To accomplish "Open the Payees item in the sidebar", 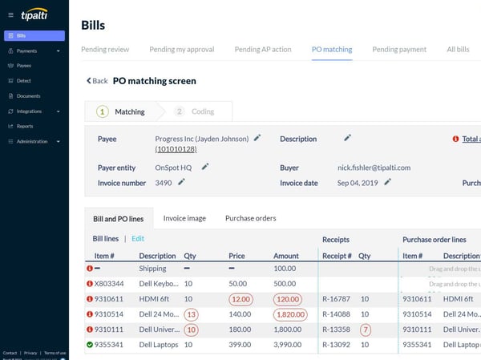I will [24, 66].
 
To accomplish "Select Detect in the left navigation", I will [23, 81].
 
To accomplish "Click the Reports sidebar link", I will [24, 126].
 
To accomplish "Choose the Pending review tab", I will [105, 50].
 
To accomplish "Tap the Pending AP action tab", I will [263, 50].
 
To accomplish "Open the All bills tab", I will [457, 50].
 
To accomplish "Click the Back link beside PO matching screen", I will [97, 81].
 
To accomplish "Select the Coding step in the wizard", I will [196, 111].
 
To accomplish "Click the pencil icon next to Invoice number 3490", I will [182, 183].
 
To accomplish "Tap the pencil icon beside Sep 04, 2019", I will [387, 183].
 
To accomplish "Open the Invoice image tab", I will [184, 218].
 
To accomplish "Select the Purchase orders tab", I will [250, 218].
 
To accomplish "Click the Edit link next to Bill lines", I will [138, 239].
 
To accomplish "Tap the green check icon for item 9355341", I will [90, 344].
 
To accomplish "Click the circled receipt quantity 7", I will [365, 329].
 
